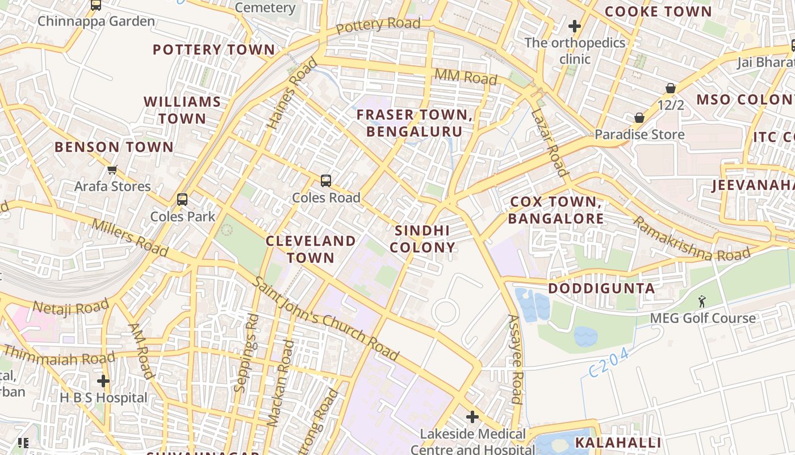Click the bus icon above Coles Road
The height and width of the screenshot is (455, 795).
click(325, 181)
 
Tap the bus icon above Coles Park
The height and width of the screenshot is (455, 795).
click(182, 200)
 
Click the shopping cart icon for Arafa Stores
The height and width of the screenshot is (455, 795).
click(112, 169)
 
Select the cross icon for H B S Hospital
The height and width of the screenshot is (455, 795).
click(103, 380)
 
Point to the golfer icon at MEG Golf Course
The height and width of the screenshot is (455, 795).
click(702, 301)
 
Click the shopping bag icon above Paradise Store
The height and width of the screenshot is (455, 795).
click(639, 118)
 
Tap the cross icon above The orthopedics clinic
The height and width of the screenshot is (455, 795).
click(575, 26)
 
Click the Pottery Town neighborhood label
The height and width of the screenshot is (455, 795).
click(214, 49)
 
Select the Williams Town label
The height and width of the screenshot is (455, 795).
click(182, 110)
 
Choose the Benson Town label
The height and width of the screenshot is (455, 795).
click(114, 147)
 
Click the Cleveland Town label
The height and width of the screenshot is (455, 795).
click(311, 249)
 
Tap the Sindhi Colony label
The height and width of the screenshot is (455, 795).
click(422, 239)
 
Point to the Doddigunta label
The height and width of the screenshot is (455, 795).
click(601, 288)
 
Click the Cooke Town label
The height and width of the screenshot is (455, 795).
click(658, 11)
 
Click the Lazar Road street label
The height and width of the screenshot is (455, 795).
click(549, 142)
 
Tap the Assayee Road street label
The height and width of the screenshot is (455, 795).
click(514, 359)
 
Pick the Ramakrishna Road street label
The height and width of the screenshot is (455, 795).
click(691, 239)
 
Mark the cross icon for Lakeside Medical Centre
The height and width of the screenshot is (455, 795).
click(472, 417)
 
